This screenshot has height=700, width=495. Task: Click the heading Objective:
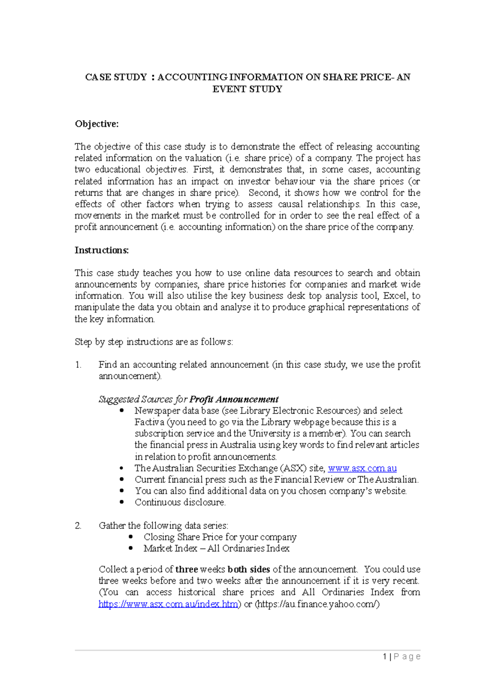click(x=97, y=124)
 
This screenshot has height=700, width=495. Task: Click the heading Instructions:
click(x=101, y=250)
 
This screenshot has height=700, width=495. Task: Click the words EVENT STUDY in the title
click(x=247, y=89)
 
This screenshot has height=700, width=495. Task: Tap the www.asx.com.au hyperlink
click(x=362, y=468)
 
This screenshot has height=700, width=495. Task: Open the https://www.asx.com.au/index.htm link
click(x=168, y=604)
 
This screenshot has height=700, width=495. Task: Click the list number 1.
click(x=78, y=365)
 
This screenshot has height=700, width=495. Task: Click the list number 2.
click(x=78, y=526)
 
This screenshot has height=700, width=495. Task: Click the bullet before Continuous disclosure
click(x=122, y=502)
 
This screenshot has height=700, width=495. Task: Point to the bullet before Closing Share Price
click(x=131, y=537)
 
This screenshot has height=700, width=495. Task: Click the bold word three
click(x=186, y=569)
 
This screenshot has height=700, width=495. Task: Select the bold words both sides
click(x=249, y=569)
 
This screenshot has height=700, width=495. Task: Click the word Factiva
click(x=149, y=422)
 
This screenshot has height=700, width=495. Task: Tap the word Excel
click(x=394, y=296)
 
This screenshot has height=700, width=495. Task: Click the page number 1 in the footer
click(x=385, y=657)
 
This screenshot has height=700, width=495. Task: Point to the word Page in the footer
click(x=407, y=657)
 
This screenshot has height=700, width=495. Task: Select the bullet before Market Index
click(x=131, y=548)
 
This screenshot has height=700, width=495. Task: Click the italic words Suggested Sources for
click(x=143, y=399)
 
